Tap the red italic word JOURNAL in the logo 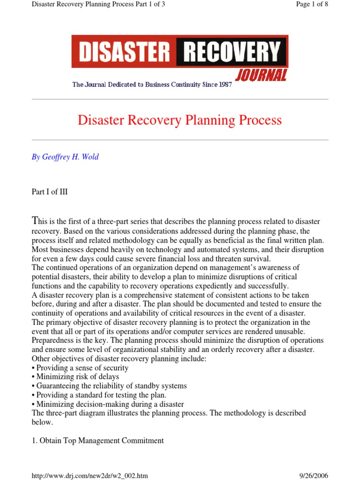point(261,75)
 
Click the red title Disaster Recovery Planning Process point(180,120)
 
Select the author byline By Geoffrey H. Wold point(65,157)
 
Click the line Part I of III point(49,192)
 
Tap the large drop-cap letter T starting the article point(34,220)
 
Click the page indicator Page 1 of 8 point(312,5)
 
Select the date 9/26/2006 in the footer point(314,476)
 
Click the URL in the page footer point(90,476)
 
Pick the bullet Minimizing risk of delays point(75,377)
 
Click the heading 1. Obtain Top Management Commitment point(97,440)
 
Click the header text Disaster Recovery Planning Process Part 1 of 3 point(98,5)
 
